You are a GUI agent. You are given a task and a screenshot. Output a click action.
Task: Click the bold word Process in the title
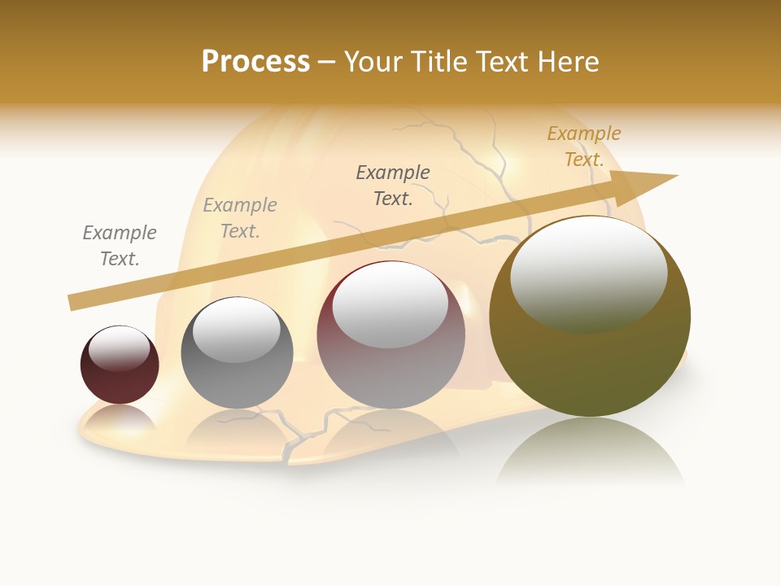coord(255,62)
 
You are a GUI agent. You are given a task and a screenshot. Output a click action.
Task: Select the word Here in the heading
coord(569,62)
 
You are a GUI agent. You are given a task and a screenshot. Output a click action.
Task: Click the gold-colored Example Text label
coord(583,146)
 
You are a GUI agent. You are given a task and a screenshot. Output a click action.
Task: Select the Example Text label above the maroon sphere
coord(120,246)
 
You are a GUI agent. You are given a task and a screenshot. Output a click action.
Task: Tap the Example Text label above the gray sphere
coord(240,218)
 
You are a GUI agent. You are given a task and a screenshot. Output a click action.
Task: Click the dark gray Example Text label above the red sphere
coord(393,186)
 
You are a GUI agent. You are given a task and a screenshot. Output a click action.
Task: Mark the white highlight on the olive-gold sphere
coord(588,275)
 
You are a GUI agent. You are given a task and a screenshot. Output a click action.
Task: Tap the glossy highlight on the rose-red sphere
coord(390,304)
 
